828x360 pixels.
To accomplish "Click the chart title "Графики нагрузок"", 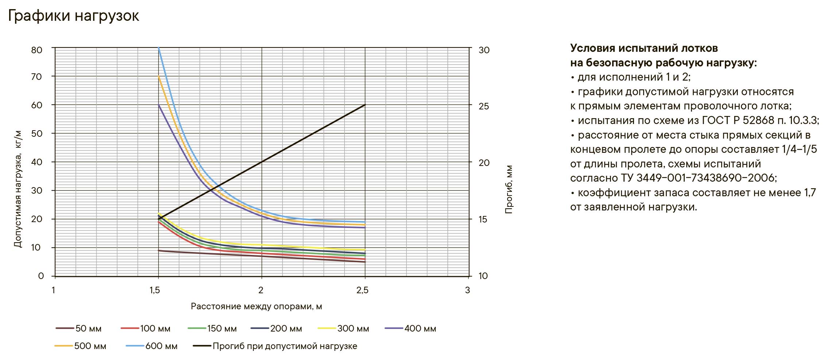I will click(73, 16).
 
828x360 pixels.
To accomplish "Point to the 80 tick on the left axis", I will click(37, 50).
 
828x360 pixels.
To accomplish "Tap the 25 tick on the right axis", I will click(484, 107).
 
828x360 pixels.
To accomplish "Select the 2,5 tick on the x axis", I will click(362, 290).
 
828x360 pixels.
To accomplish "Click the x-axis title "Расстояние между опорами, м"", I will click(256, 306).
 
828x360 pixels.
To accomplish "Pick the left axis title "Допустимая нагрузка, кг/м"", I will click(18, 189).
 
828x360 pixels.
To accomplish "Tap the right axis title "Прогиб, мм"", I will click(509, 189).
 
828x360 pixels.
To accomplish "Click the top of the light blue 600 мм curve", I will click(159, 49).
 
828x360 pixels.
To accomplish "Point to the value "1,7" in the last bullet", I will click(810, 193).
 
